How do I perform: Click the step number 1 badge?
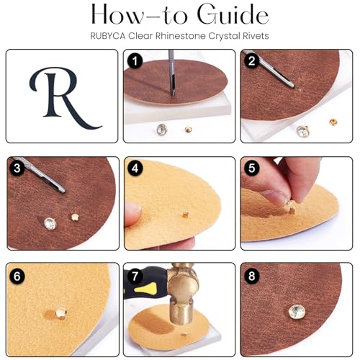coord(135,61)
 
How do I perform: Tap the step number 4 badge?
coord(135,168)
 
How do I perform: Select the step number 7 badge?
coord(135,276)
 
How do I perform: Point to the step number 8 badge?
coord(252,276)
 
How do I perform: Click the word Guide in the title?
coord(233,15)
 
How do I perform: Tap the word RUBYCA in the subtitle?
coord(108,36)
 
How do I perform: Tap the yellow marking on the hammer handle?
coord(145,288)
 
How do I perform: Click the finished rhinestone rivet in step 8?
coord(297,312)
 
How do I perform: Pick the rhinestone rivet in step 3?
coord(50,223)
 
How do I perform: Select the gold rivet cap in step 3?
coord(75,217)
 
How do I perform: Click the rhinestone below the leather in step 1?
coord(162,130)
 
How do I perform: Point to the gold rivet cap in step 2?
coord(333,122)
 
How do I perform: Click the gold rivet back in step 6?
coord(61,313)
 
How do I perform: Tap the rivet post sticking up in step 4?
coord(186,214)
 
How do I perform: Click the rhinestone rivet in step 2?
coord(302,132)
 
